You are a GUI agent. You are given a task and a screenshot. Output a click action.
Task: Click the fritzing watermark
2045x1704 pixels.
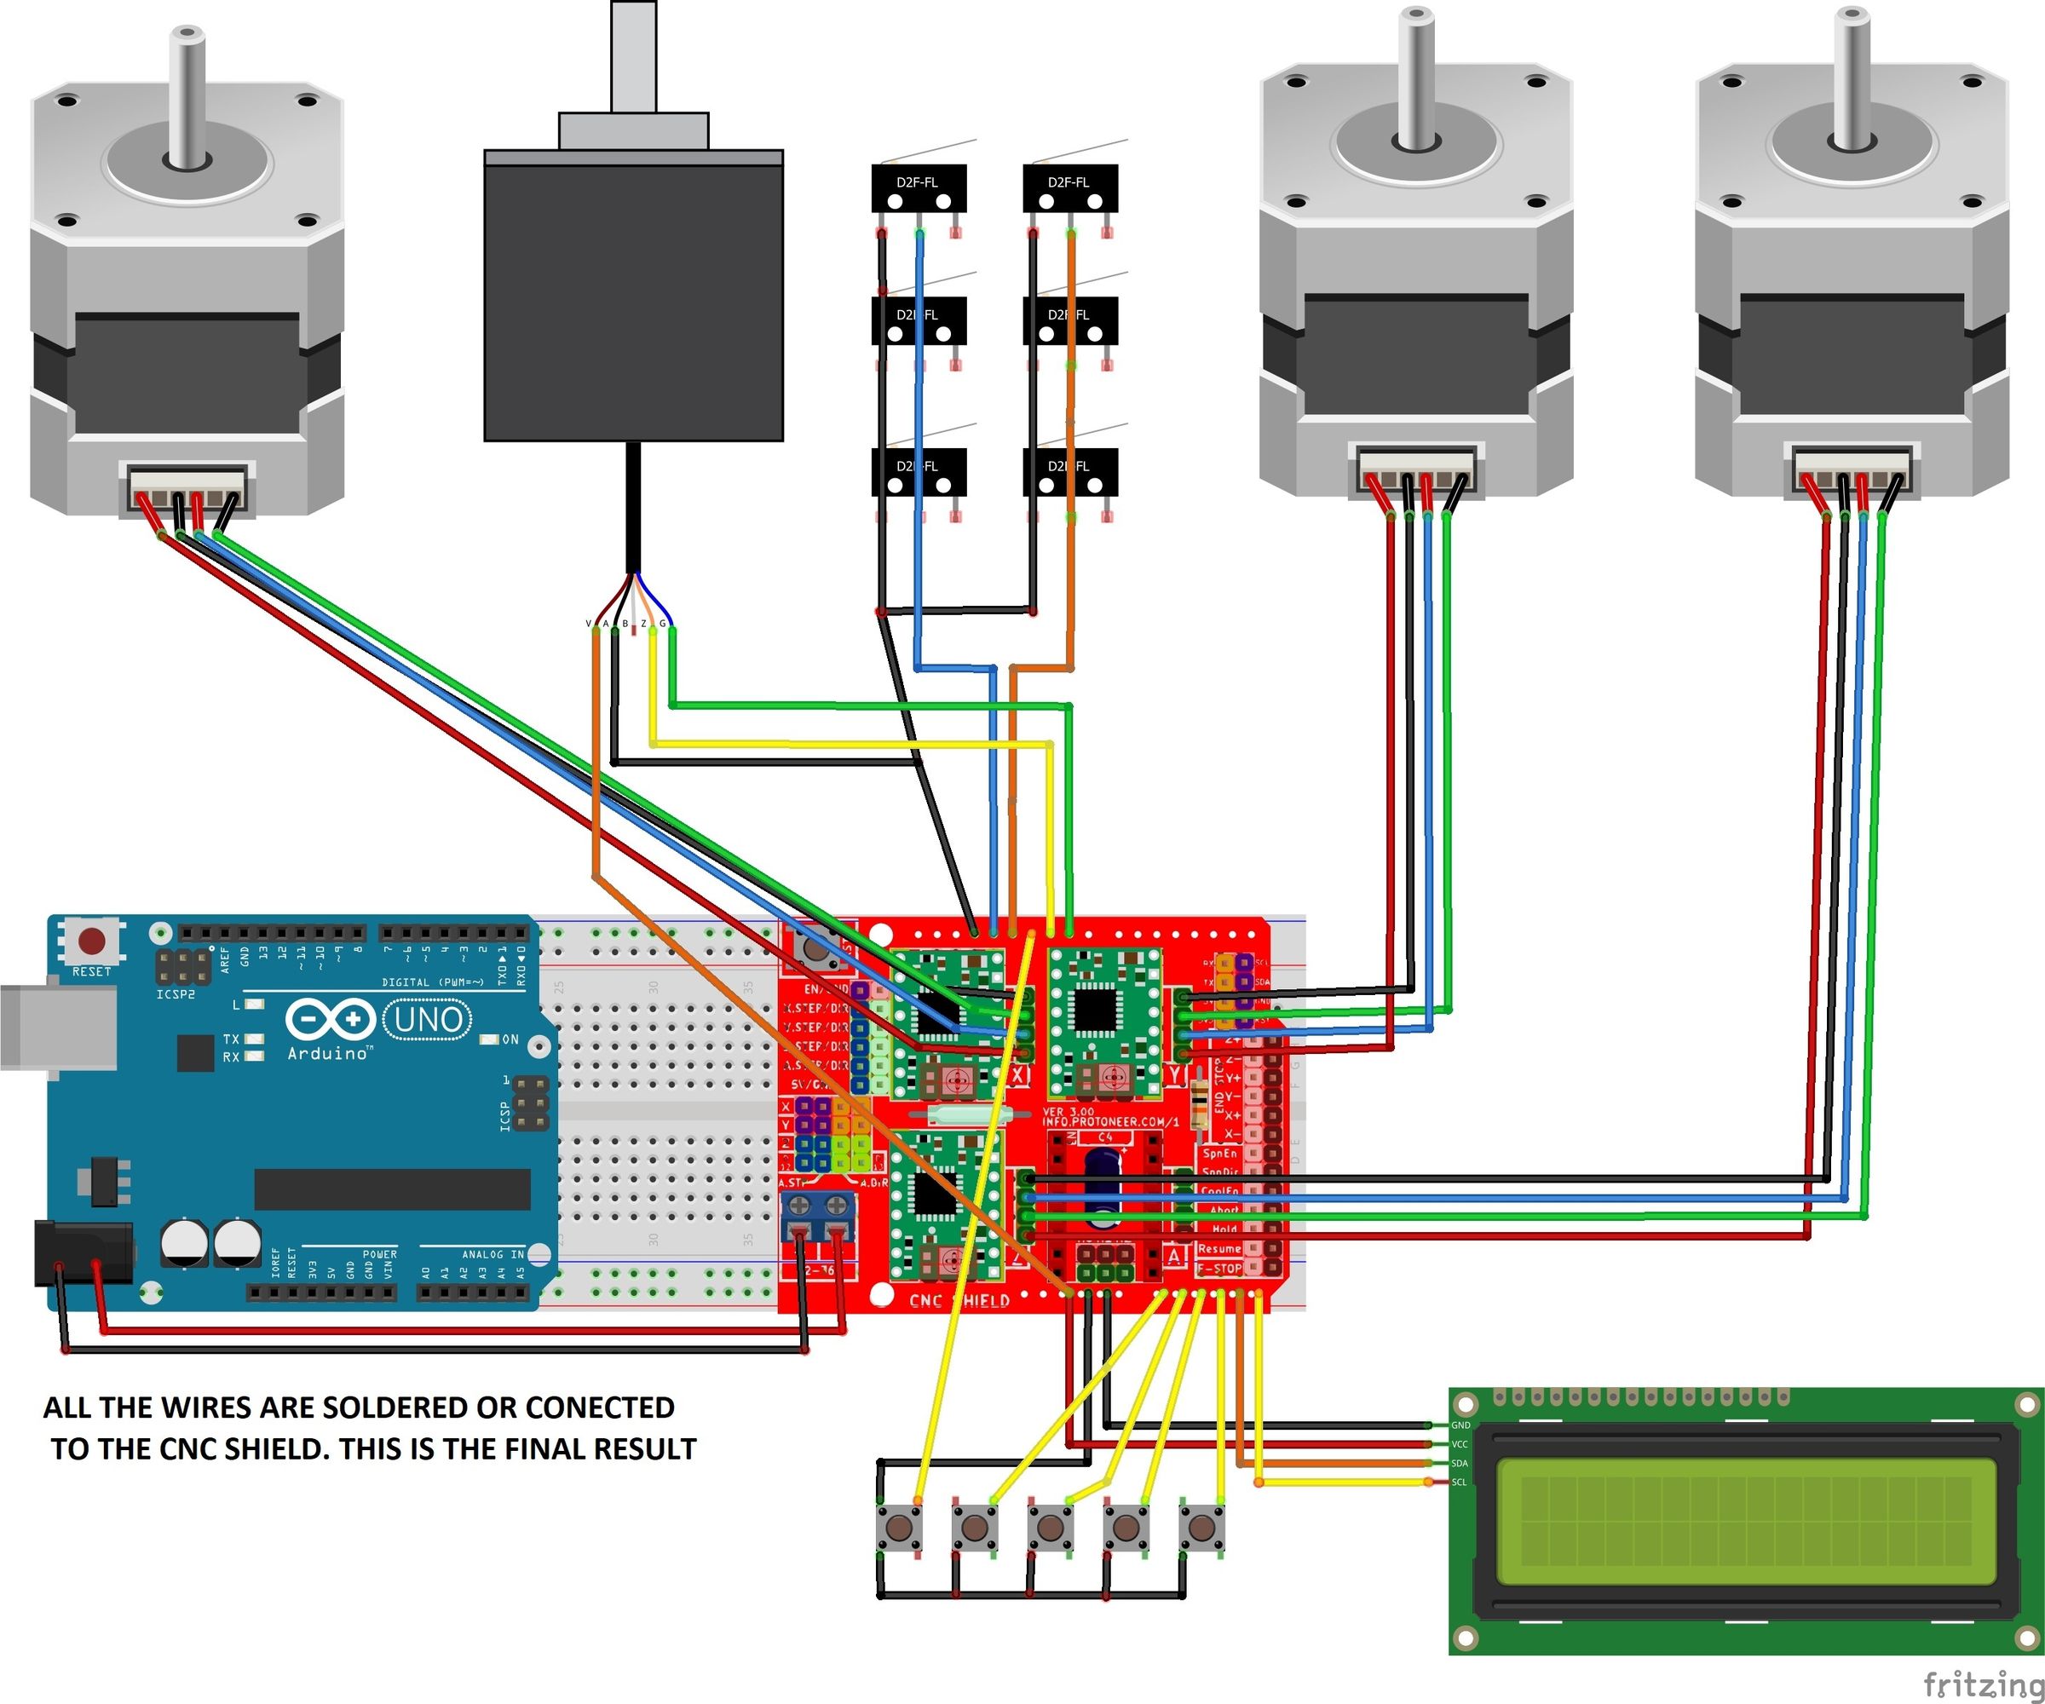[x=1983, y=1683]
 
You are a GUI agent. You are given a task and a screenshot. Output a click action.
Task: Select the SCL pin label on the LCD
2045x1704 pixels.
[x=1460, y=1482]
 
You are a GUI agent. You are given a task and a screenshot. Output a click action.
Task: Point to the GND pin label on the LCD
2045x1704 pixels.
[x=1460, y=1425]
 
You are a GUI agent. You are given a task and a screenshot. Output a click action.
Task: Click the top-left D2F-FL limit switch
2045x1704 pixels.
[x=919, y=189]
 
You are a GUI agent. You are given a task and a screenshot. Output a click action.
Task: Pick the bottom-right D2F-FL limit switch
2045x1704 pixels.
[x=1069, y=472]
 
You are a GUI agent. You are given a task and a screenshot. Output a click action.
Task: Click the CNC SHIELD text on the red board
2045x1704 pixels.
[x=959, y=1300]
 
